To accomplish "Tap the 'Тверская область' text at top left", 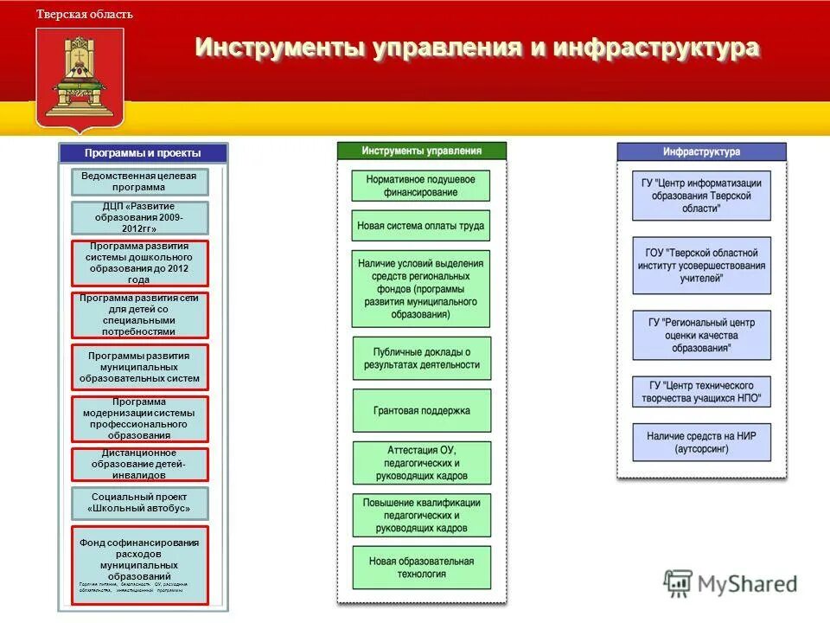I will tap(85, 15).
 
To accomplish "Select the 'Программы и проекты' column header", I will tap(143, 153).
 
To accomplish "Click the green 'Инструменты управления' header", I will tap(421, 151).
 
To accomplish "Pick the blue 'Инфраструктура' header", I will tap(701, 151).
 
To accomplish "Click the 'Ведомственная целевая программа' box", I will tap(139, 182).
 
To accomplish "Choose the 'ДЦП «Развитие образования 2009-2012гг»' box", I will tap(139, 217).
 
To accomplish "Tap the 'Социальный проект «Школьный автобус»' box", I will tap(139, 502).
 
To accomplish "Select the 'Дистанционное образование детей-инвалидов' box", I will tap(139, 464).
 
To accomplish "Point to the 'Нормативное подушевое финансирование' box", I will tap(421, 185).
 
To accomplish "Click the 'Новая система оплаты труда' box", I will tap(421, 226).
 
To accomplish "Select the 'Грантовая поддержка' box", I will tap(421, 410).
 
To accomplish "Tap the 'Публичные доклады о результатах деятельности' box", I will tap(421, 358).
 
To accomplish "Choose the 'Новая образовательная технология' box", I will tap(421, 568).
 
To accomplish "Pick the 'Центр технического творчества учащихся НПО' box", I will tap(701, 392).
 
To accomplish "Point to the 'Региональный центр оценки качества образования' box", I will tap(701, 335).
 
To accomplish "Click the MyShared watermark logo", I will tap(731, 582).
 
